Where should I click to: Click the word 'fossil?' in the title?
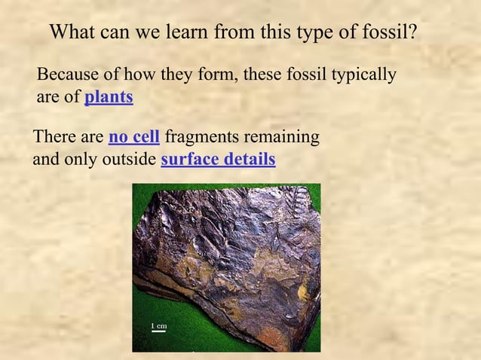[x=391, y=33]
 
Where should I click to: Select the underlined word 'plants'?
[x=109, y=97]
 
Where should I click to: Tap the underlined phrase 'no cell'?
[x=134, y=138]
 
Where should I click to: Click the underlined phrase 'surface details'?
[x=218, y=160]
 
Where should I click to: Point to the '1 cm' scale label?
[x=158, y=325]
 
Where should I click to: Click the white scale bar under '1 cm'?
[x=158, y=331]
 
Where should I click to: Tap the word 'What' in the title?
[x=71, y=33]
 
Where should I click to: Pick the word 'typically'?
[x=366, y=75]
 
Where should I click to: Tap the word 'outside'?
[x=132, y=160]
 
